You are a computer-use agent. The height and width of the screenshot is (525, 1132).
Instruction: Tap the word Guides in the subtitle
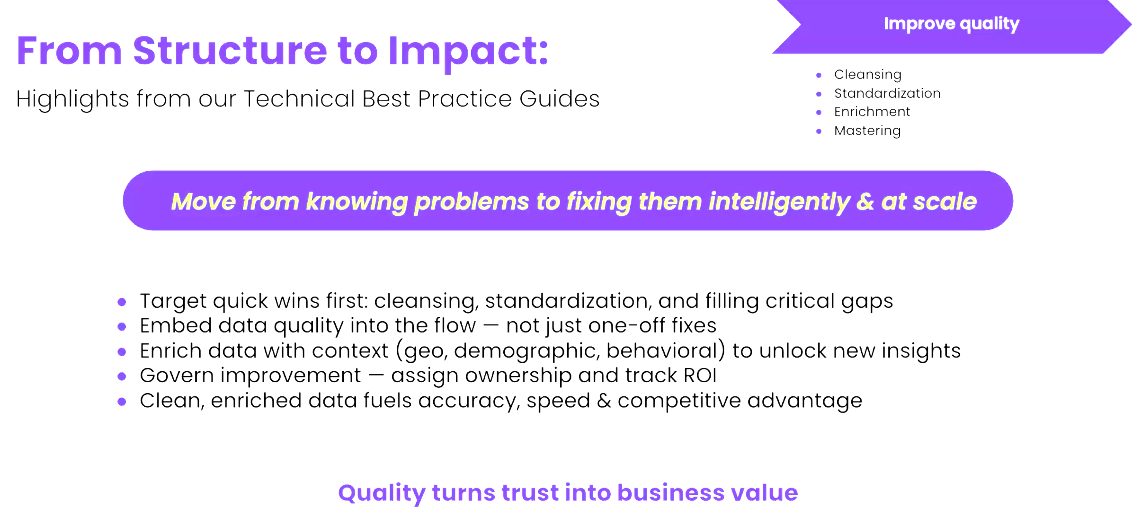559,99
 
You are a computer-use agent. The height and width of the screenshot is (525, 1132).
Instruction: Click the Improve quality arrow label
952,24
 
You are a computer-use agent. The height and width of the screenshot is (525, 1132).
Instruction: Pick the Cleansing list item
868,75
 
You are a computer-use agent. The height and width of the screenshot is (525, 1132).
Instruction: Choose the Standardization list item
887,93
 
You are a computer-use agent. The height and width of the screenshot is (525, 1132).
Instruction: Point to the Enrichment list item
872,112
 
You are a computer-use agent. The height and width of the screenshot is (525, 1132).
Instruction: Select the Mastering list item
867,131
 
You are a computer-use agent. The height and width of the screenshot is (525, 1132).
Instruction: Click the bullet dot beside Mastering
819,131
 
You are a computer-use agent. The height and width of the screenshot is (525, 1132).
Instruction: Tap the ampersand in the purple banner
865,201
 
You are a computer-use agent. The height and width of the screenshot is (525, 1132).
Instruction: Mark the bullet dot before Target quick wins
122,302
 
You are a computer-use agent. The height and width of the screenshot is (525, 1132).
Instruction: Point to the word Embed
176,325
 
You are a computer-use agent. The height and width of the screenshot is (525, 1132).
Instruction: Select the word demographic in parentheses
526,351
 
